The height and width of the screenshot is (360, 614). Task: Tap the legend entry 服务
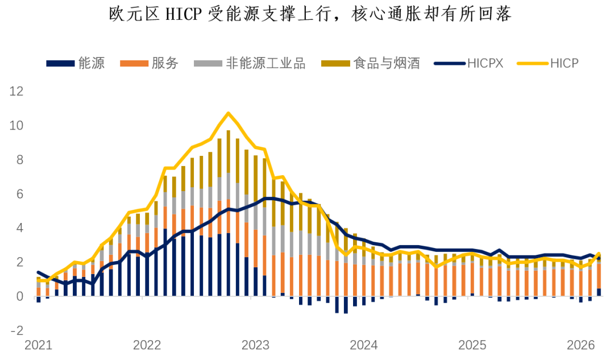[x=165, y=63]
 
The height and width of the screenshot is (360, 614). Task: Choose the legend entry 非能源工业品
[x=265, y=63]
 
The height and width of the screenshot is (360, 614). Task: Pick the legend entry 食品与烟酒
[x=386, y=63]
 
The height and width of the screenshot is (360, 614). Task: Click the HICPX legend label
[x=486, y=63]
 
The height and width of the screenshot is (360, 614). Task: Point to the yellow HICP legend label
[x=564, y=63]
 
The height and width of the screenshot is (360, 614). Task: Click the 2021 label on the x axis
[x=38, y=345]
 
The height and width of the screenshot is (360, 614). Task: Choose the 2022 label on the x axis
[x=147, y=345]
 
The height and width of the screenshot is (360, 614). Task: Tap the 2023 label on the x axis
[x=255, y=345]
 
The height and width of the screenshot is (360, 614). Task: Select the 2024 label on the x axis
[x=364, y=345]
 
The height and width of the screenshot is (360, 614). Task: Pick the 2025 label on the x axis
[x=472, y=345]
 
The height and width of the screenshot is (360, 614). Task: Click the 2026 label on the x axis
[x=581, y=345]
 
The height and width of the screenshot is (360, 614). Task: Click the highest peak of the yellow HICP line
[x=229, y=113]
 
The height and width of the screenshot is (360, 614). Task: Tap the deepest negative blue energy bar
[x=346, y=305]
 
